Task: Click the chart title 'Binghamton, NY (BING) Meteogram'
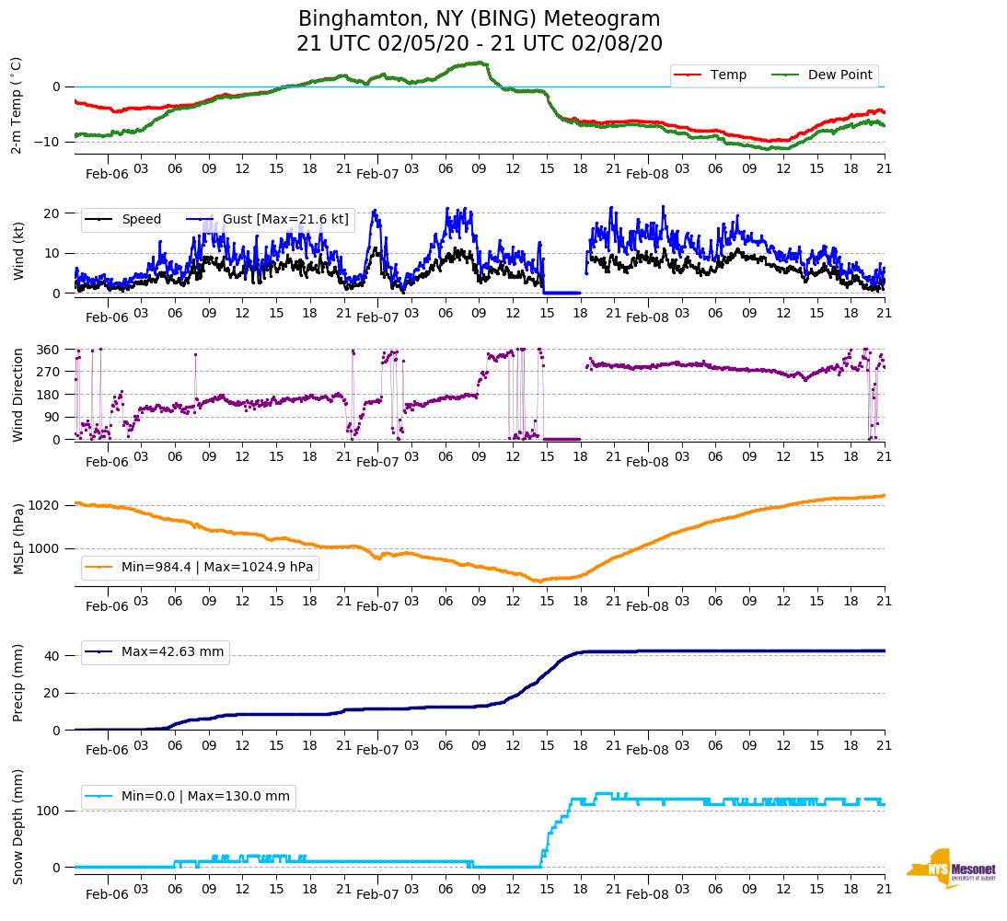coord(479,19)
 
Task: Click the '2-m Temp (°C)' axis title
coord(16,105)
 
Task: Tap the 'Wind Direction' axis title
coord(17,395)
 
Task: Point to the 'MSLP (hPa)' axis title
coord(17,539)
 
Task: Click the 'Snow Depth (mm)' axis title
coord(17,827)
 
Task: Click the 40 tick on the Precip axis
coord(52,656)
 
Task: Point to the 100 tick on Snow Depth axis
coord(49,811)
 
